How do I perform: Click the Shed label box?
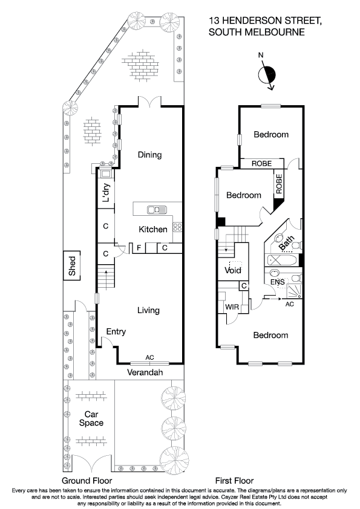pos(73,265)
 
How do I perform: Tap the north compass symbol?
pos(266,75)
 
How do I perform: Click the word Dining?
pos(149,155)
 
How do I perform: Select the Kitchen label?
pos(153,230)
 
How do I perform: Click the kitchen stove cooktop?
pos(178,227)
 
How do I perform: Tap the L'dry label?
pos(105,192)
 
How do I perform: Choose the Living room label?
pos(148,310)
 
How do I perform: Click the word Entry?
pos(116,332)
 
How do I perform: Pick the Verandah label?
pos(145,373)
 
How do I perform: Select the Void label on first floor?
pos(233,270)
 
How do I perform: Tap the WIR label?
pos(232,307)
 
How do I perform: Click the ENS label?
pos(278,282)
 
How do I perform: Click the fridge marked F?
pos(139,248)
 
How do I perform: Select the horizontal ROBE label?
pos(261,163)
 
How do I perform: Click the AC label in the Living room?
pos(149,358)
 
